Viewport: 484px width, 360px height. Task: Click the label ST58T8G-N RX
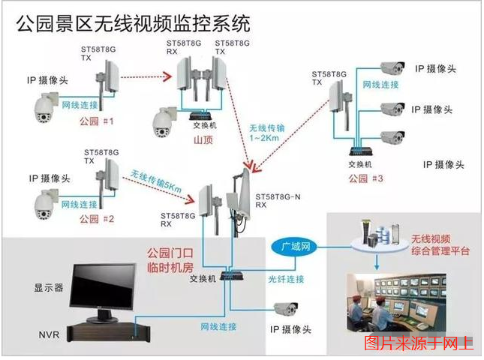275,198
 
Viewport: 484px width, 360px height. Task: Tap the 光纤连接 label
286,278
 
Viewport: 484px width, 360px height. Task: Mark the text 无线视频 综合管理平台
439,245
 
